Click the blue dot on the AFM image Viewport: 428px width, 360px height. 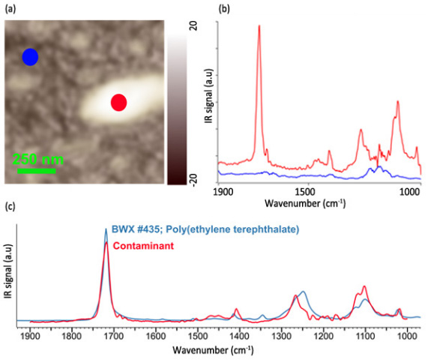30,57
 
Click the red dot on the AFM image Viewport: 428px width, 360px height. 118,103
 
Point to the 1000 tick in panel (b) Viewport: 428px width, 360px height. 409,193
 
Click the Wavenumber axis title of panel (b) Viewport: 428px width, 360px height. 315,203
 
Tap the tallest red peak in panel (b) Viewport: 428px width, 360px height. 259,26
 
